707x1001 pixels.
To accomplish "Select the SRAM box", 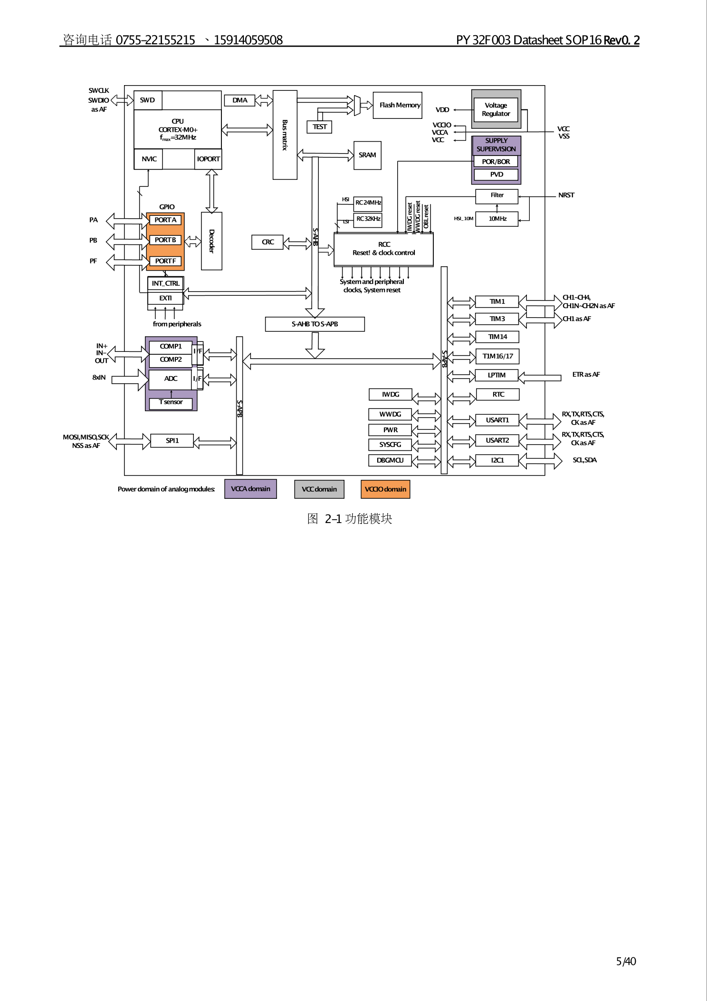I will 367,155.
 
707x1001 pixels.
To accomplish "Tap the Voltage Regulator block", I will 496,109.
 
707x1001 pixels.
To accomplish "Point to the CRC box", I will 268,242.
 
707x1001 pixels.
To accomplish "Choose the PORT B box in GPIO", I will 165,240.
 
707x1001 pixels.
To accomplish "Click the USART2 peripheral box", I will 497,440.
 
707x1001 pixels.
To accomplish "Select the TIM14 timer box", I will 497,337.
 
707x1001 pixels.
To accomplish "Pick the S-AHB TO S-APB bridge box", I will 315,324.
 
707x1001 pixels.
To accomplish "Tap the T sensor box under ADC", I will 171,402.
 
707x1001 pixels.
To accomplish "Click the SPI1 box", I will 172,441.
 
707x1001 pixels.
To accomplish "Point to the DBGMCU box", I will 390,460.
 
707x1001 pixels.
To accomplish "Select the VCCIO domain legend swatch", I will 385,489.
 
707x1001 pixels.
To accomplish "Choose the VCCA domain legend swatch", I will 250,489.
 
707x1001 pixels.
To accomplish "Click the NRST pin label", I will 566,195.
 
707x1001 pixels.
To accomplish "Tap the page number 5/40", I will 626,962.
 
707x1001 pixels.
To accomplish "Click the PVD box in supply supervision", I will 496,175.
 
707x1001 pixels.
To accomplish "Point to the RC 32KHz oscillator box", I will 368,219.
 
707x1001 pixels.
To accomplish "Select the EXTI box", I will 165,298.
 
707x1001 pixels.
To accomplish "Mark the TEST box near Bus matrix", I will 319,127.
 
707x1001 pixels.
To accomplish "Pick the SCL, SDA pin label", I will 584,460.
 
